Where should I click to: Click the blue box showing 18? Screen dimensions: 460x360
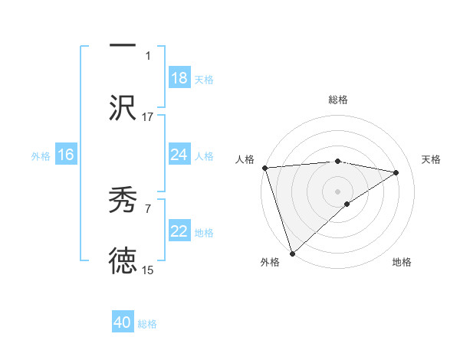[x=179, y=78]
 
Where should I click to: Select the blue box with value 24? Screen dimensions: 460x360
[x=179, y=155]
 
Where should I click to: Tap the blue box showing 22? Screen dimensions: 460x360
[x=179, y=231]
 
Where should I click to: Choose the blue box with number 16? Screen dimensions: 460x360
[x=66, y=155]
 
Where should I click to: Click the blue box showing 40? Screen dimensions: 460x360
[x=123, y=322]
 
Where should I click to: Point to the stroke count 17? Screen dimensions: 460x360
[x=148, y=117]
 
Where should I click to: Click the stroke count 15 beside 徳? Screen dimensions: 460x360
[x=148, y=270]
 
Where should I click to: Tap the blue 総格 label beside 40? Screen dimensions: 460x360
[x=148, y=324]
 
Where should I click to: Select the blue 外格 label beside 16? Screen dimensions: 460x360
[x=41, y=156]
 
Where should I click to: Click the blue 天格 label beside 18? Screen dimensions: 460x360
[x=204, y=80]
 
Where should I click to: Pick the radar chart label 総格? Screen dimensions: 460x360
[x=338, y=100]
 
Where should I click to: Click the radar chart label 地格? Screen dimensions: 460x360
[x=402, y=263]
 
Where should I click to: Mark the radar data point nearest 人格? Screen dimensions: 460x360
[x=264, y=168]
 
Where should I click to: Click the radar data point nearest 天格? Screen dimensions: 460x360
[x=396, y=172]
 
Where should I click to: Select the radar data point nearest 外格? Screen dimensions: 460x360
[x=292, y=253]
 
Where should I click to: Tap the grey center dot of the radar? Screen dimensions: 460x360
[x=338, y=191]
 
